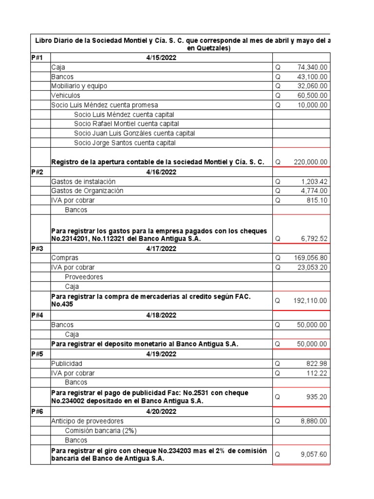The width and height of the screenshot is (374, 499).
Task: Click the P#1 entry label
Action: pos(37,58)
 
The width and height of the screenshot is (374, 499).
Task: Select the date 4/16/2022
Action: pos(161,172)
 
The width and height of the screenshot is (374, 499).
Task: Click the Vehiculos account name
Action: pos(66,96)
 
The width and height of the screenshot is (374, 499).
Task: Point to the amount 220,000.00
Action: pos(310,162)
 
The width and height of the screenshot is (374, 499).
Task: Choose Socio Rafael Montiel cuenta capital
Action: pos(127,124)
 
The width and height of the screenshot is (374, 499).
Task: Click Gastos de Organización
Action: pos(87,191)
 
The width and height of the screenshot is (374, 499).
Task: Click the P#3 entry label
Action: pos(37,249)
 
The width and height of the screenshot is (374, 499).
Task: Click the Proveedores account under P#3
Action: pos(83,277)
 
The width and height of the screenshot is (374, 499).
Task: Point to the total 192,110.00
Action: pos(310,301)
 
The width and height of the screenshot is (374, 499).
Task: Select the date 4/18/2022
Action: pos(161,315)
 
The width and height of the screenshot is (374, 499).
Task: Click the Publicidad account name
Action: pos(67,364)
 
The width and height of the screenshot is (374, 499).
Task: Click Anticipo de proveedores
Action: pos(87,421)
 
